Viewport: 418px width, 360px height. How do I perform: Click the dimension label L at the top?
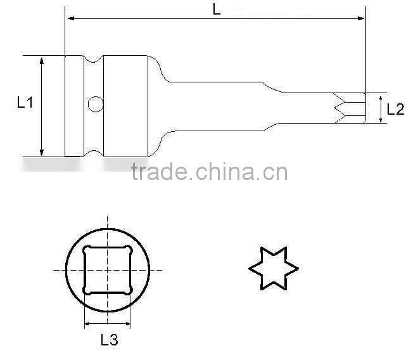(216, 10)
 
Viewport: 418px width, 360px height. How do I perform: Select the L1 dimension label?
(25, 102)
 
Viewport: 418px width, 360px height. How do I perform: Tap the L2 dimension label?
(395, 109)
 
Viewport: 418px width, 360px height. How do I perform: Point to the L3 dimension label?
(109, 340)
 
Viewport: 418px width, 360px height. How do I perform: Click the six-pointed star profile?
(272, 270)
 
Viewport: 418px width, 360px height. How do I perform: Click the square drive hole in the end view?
(108, 269)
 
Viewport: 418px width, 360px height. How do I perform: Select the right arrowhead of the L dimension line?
(362, 20)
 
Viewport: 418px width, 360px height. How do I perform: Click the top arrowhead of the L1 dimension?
(42, 60)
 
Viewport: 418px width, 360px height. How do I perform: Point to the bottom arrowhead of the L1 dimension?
(42, 151)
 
